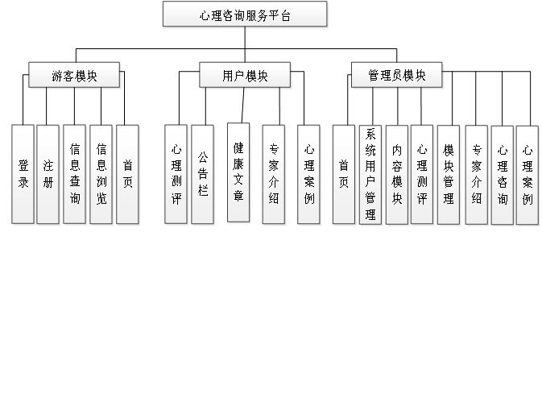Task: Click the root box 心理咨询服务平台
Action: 245,15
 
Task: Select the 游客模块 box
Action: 74,76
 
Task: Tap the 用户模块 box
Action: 245,76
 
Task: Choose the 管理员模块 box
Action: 397,76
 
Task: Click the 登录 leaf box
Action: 23,174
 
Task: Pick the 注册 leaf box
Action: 48,174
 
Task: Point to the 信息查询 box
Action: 74,174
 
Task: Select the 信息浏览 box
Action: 101,174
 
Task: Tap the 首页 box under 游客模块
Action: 127,174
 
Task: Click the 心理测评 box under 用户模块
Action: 176,174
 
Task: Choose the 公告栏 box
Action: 202,174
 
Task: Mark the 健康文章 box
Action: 238,172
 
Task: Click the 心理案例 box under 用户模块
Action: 309,174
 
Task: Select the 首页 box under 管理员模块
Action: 344,174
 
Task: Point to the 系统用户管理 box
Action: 370,174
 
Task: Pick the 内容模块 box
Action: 396,174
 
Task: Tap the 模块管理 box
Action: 449,174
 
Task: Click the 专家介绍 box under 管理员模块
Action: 476,174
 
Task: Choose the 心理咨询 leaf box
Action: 502,174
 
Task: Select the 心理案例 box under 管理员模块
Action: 527,174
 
